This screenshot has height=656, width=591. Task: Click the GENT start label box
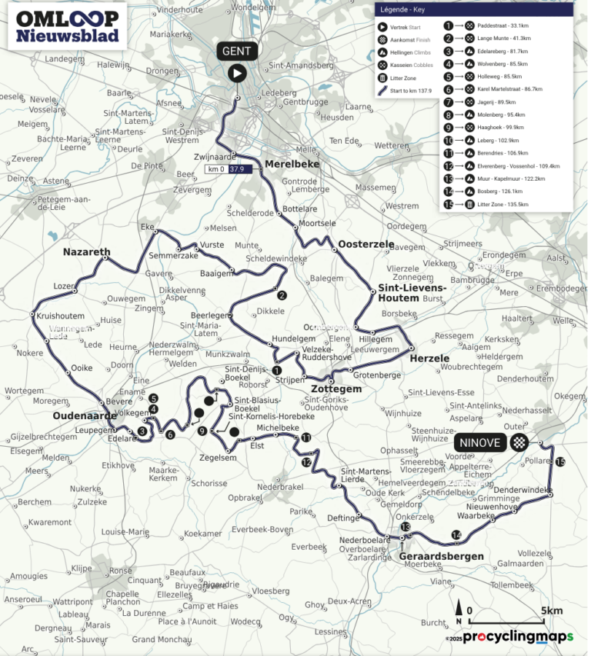[237, 51]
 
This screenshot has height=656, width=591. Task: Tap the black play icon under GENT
[237, 73]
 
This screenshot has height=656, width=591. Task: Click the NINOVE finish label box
[481, 442]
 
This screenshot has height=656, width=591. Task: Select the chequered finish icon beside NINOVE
[520, 442]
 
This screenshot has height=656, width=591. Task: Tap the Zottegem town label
[336, 390]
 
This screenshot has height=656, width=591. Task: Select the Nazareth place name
[87, 251]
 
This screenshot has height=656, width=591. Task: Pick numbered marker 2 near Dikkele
[282, 295]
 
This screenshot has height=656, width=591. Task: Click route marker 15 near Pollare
[559, 462]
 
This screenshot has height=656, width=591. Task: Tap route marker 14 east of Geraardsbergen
[456, 535]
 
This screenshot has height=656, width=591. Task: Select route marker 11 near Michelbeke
[306, 438]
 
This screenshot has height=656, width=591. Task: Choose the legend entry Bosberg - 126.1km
[499, 191]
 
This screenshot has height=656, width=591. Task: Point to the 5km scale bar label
[551, 611]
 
